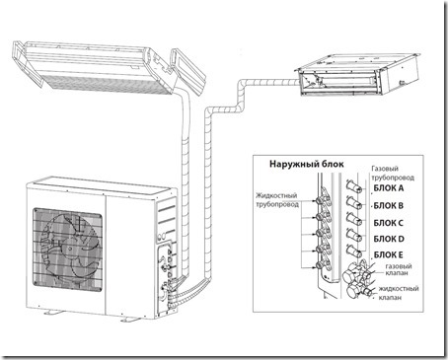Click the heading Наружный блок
[x=306, y=164]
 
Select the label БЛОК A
[x=389, y=188]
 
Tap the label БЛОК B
[x=389, y=206]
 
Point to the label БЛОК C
[x=389, y=223]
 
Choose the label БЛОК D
[x=389, y=239]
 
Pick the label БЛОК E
[x=389, y=254]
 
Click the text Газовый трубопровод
[x=393, y=173]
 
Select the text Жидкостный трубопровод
[x=277, y=200]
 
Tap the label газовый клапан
[x=399, y=269]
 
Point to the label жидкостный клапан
[x=399, y=293]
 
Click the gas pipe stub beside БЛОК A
[x=354, y=186]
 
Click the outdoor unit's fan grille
[x=67, y=250]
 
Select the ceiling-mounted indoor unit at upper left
[x=109, y=67]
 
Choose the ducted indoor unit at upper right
[x=357, y=75]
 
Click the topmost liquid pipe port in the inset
[x=321, y=200]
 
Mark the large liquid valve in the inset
[x=357, y=291]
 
